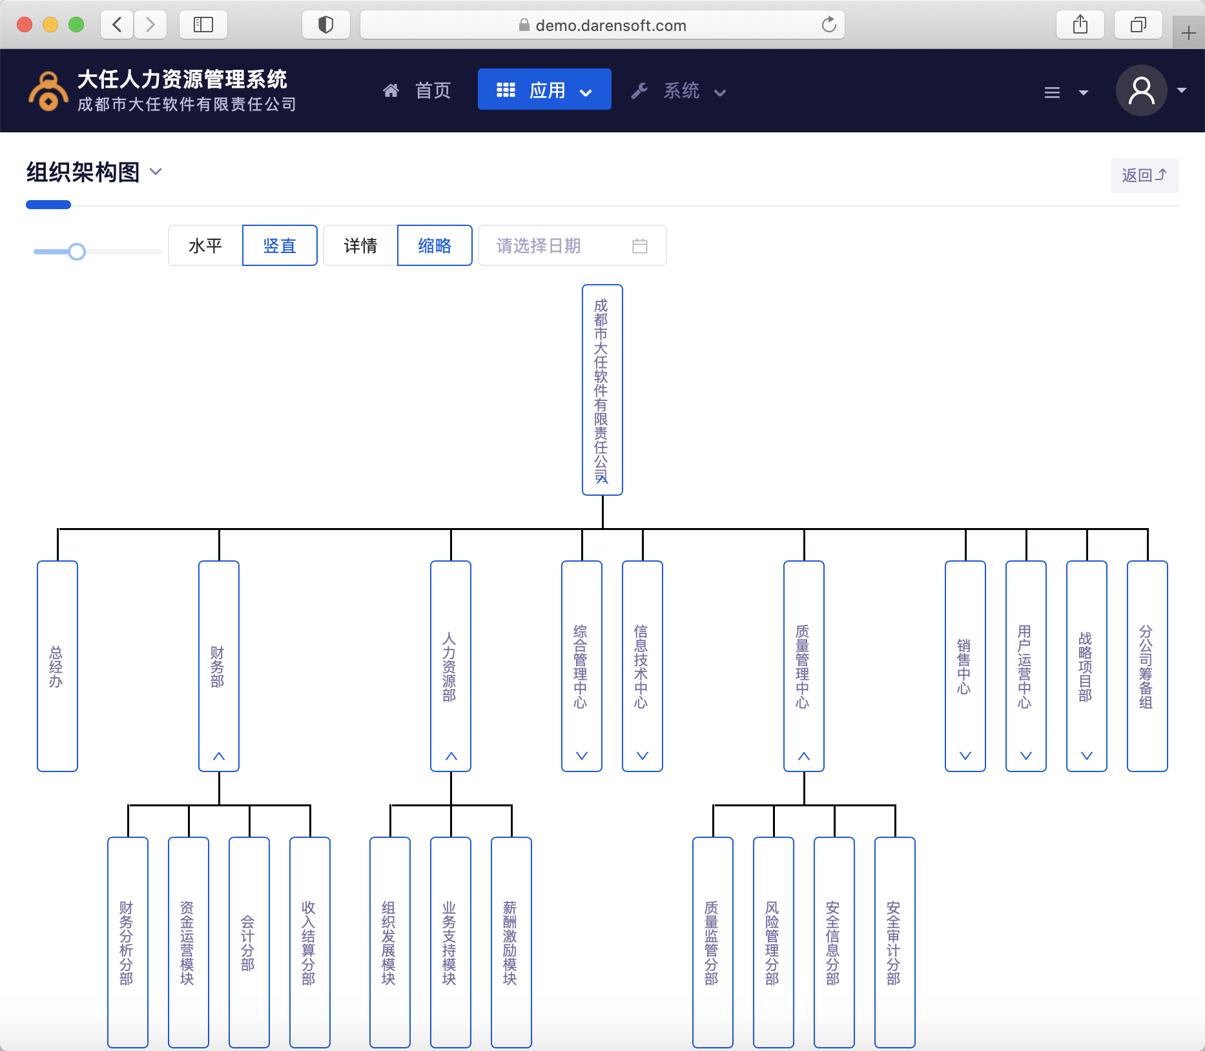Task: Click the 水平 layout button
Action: [205, 246]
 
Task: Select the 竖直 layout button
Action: [280, 246]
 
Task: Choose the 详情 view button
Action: [360, 246]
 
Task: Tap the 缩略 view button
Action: [435, 246]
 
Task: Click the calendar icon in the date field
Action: [639, 246]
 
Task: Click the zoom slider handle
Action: [77, 252]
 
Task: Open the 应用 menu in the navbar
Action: [544, 90]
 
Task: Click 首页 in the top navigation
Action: [418, 90]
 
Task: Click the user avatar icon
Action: [1141, 90]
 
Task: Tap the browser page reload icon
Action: [829, 25]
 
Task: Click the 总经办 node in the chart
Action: [57, 666]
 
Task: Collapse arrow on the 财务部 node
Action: [219, 756]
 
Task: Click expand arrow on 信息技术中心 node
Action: [643, 756]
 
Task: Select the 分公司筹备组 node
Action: [1147, 666]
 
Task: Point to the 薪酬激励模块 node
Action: [511, 942]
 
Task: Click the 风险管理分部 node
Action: [773, 942]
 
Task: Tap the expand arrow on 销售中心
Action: [965, 756]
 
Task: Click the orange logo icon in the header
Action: [48, 91]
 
